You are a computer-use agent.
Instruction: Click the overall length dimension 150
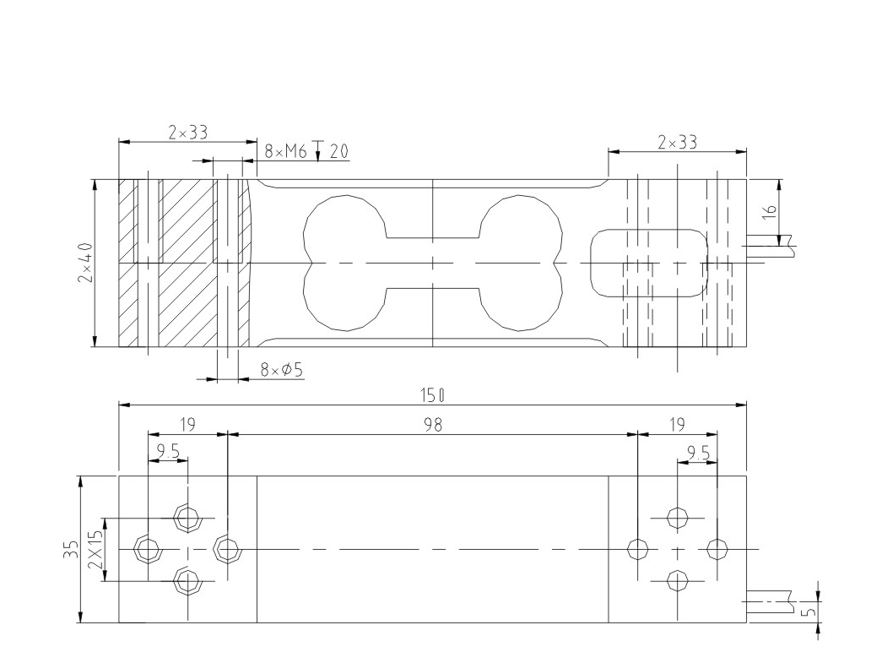tap(433, 395)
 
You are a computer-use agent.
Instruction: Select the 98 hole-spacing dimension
tap(432, 424)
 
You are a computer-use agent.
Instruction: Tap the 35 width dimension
tap(70, 549)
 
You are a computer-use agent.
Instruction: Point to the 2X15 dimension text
tap(95, 549)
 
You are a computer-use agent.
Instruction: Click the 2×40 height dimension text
tap(86, 263)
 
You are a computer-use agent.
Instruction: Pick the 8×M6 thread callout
tap(285, 151)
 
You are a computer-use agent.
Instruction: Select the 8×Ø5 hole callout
tap(282, 369)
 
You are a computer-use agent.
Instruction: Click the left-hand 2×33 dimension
tap(187, 133)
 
